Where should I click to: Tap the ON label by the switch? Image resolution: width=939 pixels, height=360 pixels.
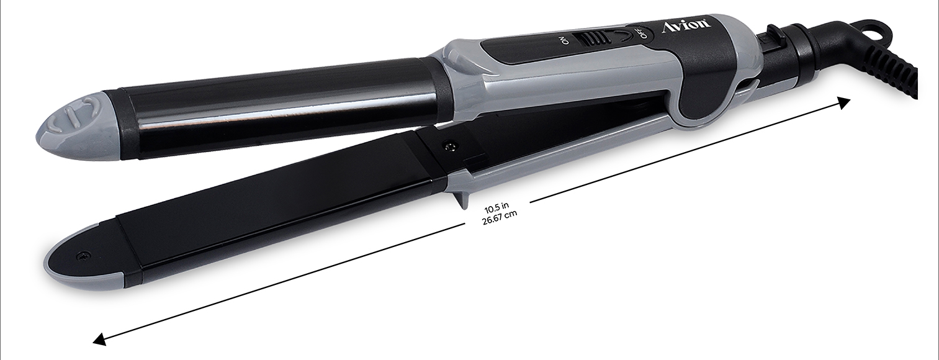(x=565, y=40)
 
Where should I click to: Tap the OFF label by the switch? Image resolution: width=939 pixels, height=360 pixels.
(x=642, y=33)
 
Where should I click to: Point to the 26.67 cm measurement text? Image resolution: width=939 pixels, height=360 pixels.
(x=500, y=217)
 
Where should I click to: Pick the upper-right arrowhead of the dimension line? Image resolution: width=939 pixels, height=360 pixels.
(x=843, y=103)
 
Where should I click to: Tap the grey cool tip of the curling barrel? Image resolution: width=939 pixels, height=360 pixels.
(x=76, y=128)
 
